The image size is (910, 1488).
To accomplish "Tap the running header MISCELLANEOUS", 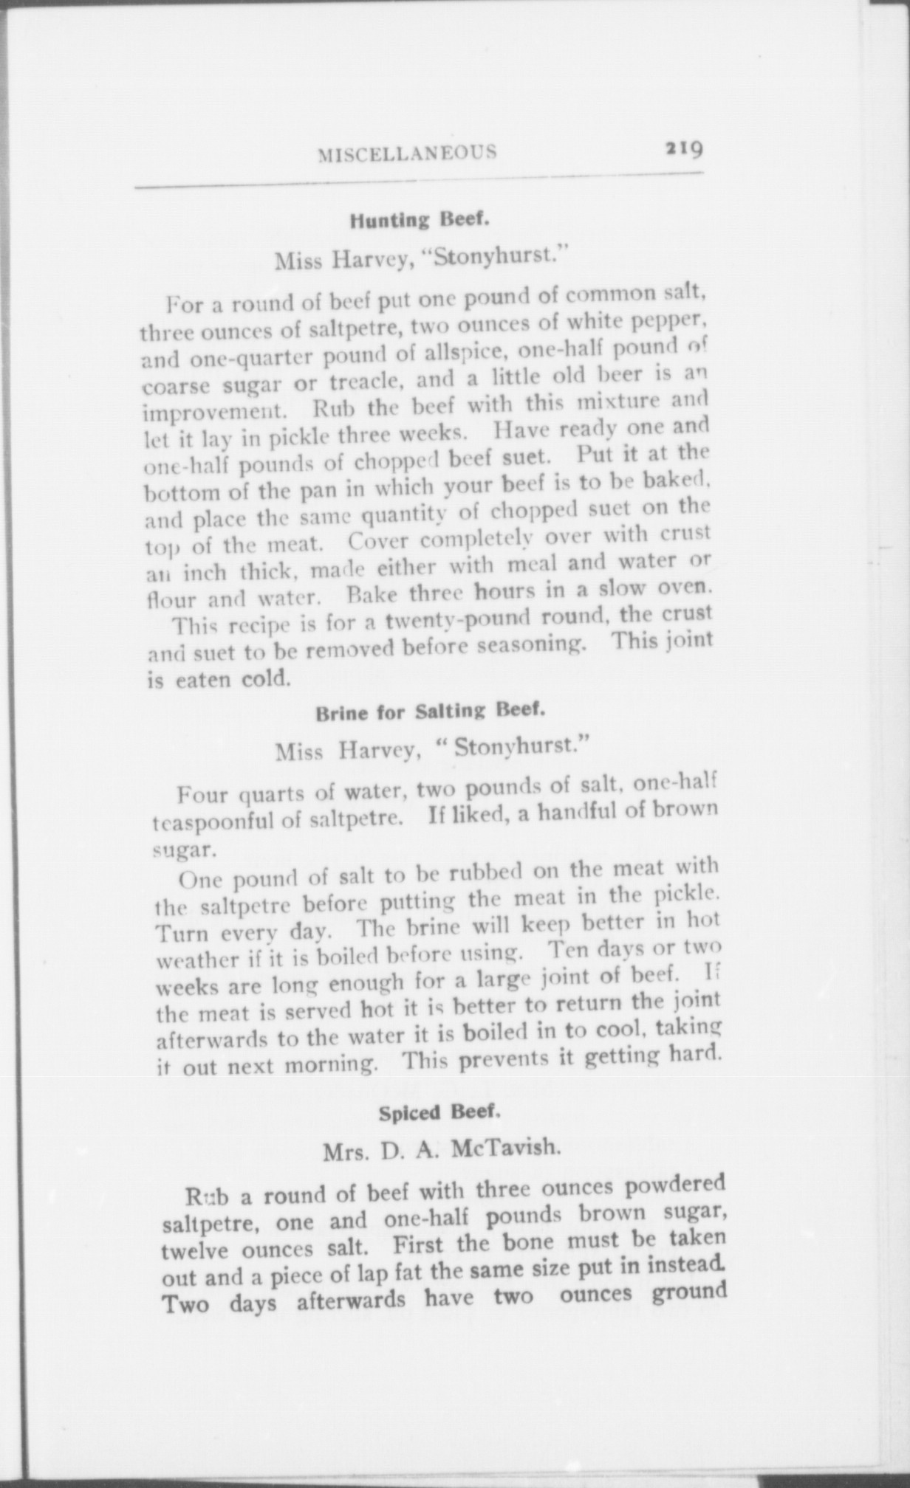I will pyautogui.click(x=407, y=153).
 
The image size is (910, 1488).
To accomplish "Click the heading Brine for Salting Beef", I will pyautogui.click(x=431, y=713).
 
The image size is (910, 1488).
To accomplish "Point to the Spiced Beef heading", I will pyautogui.click(x=441, y=1112).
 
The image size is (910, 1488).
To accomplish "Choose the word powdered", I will pyautogui.click(x=669, y=1185).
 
